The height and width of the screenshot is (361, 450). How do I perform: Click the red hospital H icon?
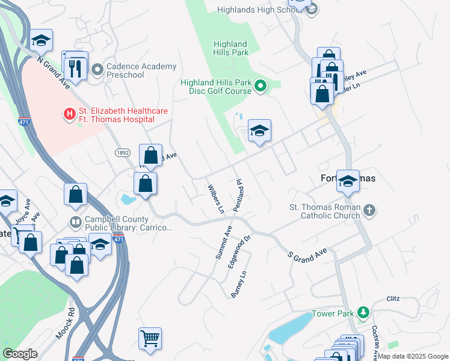pos(69,113)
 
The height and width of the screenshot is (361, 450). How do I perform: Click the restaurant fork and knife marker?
pos(75,67)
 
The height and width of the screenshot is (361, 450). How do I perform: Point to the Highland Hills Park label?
pos(231,48)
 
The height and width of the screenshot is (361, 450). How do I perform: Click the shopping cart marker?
pos(150,337)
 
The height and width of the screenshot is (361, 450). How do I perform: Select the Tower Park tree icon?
pos(363,313)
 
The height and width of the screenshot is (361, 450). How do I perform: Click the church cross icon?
pos(369,211)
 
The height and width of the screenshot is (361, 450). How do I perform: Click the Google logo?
pos(20,353)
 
